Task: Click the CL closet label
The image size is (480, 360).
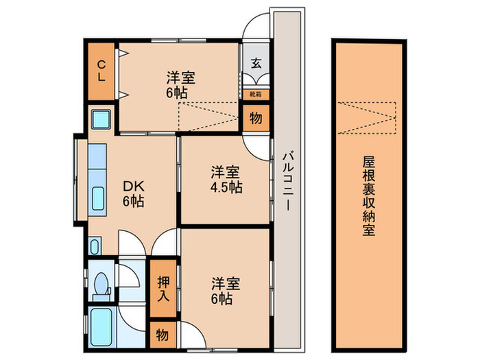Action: pos(101,71)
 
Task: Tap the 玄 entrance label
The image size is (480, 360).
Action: pos(255,64)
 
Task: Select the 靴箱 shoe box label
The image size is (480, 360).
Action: pos(255,94)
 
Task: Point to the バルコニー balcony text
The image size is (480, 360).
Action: pos(289,182)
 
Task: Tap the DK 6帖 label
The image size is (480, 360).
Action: pos(134,193)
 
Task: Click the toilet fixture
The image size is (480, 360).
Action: pos(101,284)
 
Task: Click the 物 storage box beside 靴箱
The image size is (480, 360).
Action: pos(255,117)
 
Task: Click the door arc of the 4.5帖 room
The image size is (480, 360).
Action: pos(259,145)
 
